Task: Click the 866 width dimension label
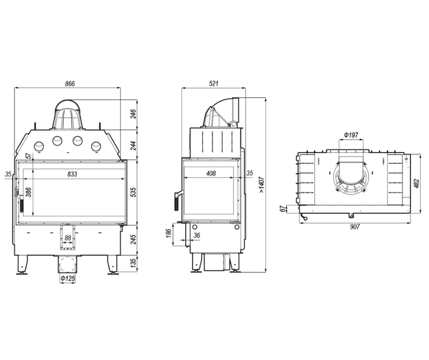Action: click(70, 84)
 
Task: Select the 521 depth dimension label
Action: click(214, 83)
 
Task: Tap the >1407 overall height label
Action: click(262, 185)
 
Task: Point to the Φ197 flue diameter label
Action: click(351, 135)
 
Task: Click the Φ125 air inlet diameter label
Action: click(67, 279)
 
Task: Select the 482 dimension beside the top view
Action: click(416, 184)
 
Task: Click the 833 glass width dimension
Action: click(72, 174)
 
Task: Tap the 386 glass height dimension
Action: click(28, 192)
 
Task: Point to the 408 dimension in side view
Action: click(211, 174)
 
